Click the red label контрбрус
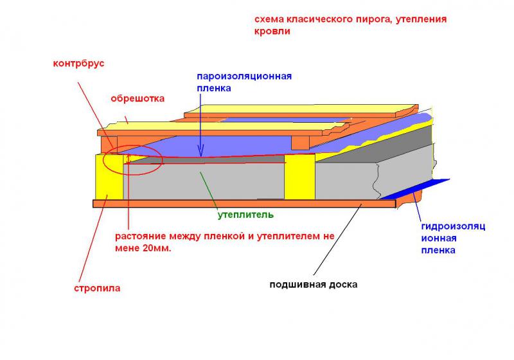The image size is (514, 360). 78,63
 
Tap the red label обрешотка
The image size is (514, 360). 137,99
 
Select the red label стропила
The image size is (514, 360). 97,289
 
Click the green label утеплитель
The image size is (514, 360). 245,215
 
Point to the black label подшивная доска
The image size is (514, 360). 314,285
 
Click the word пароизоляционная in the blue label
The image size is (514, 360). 244,76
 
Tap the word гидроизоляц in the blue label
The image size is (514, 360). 453,226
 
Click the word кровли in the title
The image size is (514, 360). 272,32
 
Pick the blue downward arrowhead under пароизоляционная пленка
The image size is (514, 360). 200,152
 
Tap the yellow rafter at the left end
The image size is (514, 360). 109,177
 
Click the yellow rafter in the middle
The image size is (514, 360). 299,177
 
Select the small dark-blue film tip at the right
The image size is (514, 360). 415,189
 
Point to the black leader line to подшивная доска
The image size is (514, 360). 338,239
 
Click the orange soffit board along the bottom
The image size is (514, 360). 244,204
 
